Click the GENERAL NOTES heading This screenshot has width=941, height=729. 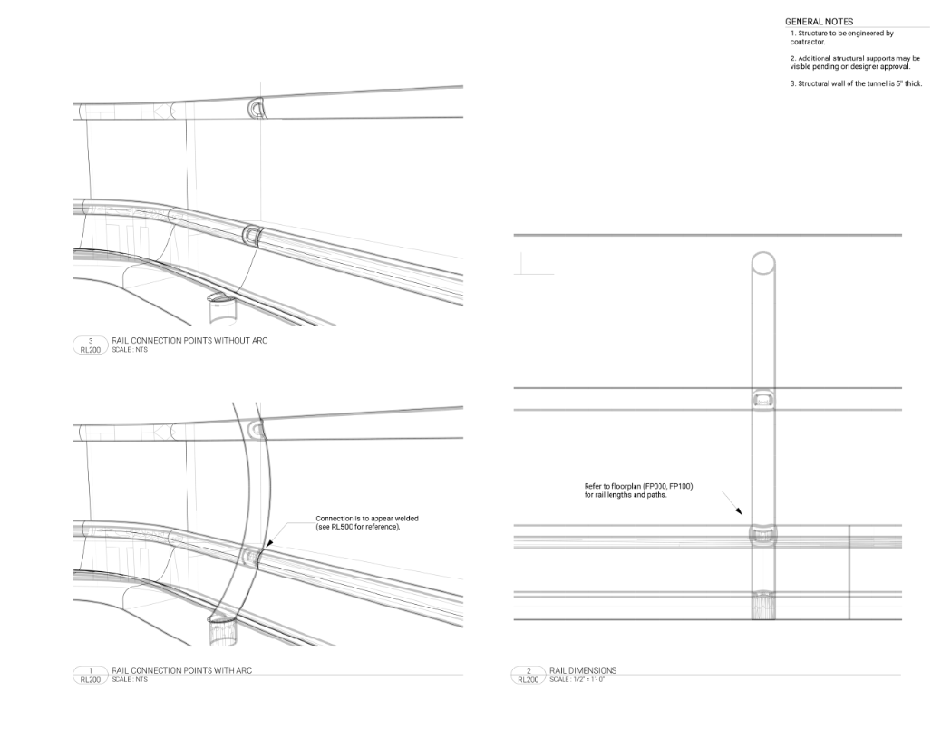(x=819, y=22)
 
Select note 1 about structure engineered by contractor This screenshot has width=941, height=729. (x=841, y=37)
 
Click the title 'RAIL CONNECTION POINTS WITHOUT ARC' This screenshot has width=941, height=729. (x=189, y=340)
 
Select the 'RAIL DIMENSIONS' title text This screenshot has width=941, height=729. (x=583, y=670)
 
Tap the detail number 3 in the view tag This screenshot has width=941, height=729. (x=91, y=340)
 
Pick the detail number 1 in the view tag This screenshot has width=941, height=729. (x=91, y=670)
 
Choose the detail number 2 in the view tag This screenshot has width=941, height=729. (x=529, y=670)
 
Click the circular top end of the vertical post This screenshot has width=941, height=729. (x=763, y=264)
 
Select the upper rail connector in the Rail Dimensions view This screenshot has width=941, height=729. (x=763, y=399)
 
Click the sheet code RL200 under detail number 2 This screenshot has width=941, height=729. (x=529, y=678)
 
